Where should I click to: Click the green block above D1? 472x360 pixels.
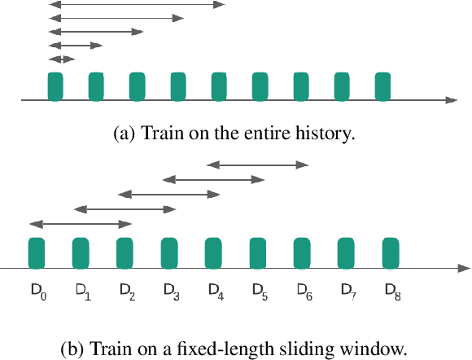(81, 252)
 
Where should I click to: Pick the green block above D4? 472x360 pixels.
(214, 252)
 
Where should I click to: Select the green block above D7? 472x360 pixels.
(347, 252)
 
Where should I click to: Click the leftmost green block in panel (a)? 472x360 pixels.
(55, 86)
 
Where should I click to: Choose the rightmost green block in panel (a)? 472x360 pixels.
(383, 86)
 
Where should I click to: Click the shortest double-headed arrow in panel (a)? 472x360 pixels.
(61, 59)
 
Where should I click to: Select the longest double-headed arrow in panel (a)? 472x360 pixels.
(136, 5)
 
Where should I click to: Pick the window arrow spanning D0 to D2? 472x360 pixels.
(80, 223)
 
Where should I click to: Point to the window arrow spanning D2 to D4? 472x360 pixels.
(169, 194)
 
